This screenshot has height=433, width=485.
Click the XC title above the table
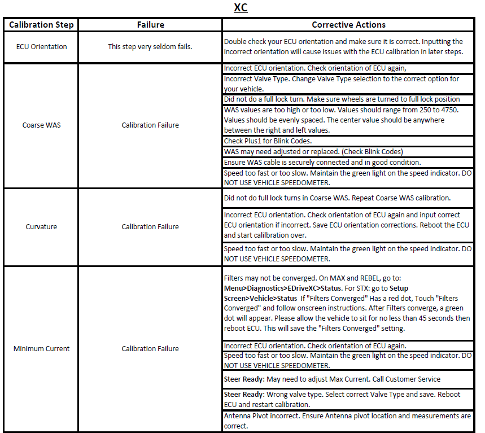pyautogui.click(x=241, y=8)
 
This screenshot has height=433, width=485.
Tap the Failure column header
pyautogui.click(x=151, y=25)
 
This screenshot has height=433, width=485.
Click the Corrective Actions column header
pyautogui.click(x=348, y=25)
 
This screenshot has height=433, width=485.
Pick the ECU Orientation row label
pyautogui.click(x=41, y=47)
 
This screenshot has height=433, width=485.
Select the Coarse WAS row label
pyautogui.click(x=41, y=125)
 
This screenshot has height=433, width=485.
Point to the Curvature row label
pyautogui.click(x=41, y=226)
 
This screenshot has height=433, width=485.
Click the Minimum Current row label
pyautogui.click(x=41, y=348)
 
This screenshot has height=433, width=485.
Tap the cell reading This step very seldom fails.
pyautogui.click(x=150, y=47)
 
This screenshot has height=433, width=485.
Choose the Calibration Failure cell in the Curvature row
pyautogui.click(x=150, y=226)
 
